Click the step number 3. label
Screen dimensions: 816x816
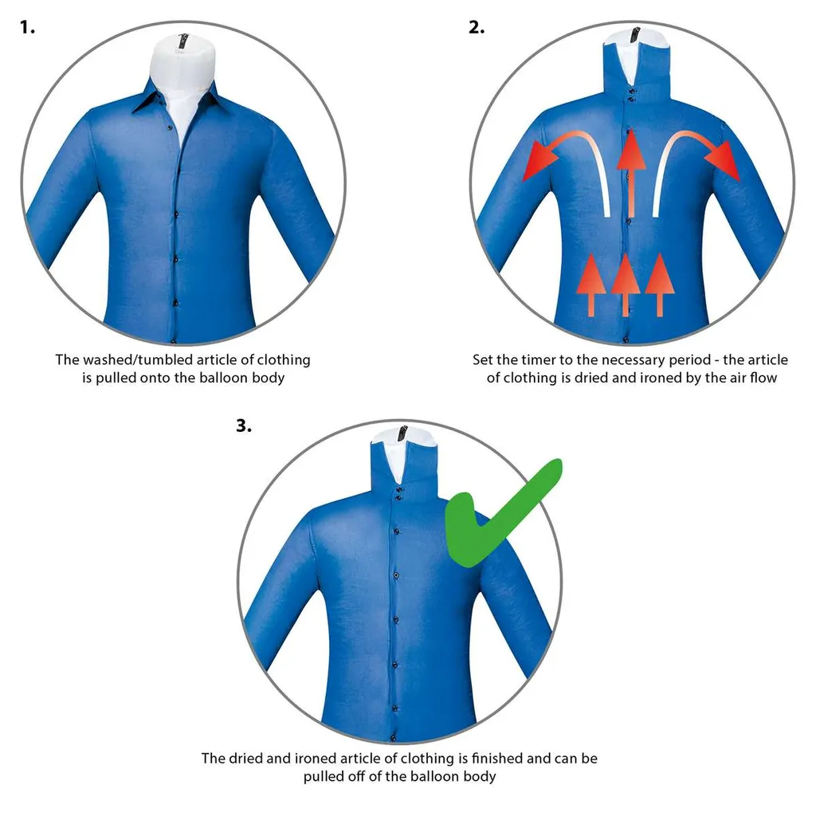pos(243,425)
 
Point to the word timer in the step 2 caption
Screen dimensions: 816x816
pos(540,359)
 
